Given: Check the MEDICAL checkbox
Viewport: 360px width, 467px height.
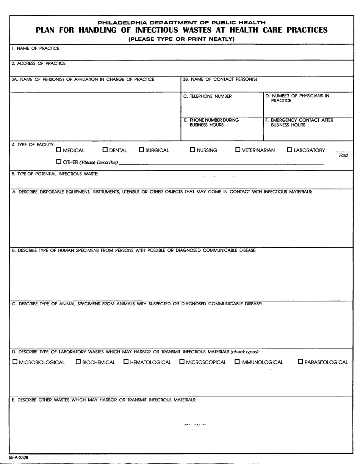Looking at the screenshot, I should [x=59, y=150].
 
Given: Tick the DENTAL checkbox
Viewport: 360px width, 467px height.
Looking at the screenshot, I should [x=105, y=150].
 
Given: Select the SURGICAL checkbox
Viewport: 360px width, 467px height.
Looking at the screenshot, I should [x=142, y=150].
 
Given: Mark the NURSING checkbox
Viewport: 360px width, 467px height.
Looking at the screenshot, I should [x=193, y=150].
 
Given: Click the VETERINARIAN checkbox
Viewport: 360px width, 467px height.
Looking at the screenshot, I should [x=238, y=150].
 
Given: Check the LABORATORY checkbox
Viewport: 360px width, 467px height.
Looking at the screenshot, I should [x=290, y=150].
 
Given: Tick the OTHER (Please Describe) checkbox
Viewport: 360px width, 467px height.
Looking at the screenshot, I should [x=59, y=162].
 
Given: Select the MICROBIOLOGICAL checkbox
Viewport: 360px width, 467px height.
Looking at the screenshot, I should [x=15, y=362].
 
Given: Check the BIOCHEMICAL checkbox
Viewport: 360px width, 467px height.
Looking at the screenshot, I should [x=78, y=362].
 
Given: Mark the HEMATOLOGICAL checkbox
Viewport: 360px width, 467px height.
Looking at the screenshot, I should [x=126, y=362].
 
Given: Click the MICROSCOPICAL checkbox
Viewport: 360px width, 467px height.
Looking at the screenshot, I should [x=182, y=362].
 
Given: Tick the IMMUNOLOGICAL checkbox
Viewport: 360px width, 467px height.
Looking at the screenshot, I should [x=237, y=362].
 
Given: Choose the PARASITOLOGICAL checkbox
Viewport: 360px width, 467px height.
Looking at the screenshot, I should [x=301, y=362].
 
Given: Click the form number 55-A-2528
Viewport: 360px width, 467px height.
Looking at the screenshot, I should [x=19, y=458].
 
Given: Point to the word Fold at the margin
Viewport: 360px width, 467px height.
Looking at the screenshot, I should [x=343, y=155].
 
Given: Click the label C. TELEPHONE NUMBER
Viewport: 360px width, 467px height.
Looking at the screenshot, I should [x=207, y=96].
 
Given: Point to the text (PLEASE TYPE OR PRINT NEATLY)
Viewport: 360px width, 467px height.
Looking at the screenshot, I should [x=182, y=39].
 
